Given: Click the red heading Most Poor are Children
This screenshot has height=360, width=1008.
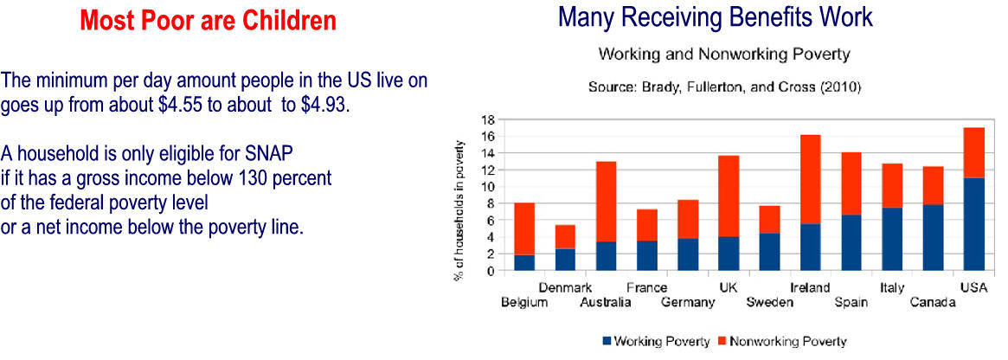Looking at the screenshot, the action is click(x=209, y=22).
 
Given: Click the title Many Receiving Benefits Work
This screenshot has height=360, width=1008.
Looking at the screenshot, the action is click(x=716, y=18).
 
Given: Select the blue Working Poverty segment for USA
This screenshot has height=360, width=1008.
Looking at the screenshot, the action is click(x=974, y=224).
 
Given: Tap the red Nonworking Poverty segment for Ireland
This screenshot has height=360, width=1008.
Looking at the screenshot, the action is click(x=811, y=179).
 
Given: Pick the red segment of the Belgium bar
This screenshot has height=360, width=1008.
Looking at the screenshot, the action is click(x=524, y=228).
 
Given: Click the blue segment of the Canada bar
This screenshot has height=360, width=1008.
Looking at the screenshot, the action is click(x=933, y=237).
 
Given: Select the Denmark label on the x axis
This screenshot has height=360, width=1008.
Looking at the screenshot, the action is click(x=565, y=288).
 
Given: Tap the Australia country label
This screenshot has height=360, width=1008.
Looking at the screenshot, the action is click(x=605, y=303).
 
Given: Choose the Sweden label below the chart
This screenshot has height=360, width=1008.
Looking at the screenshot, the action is click(x=769, y=303).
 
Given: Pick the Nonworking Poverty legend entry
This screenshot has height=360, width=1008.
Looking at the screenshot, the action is click(x=781, y=341).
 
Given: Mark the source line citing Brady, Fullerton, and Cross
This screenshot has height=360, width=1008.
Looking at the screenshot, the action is click(x=724, y=87).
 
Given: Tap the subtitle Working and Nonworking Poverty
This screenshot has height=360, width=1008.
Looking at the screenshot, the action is click(x=724, y=54).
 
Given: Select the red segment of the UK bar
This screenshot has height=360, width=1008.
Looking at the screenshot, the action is click(x=729, y=196).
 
